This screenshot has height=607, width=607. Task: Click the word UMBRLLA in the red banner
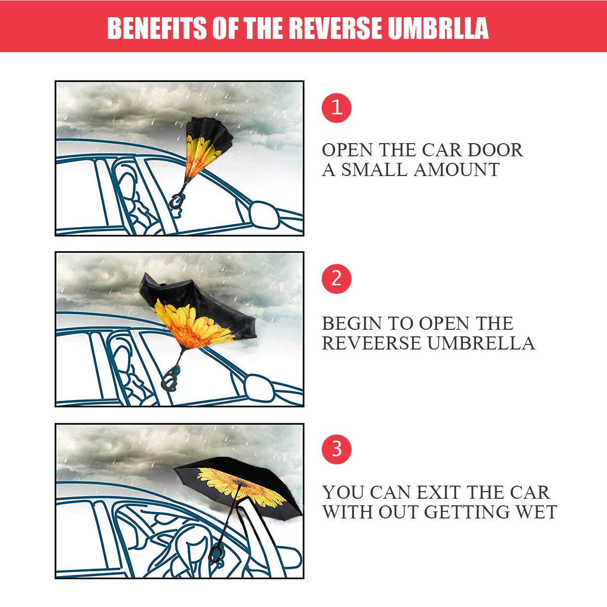click(438, 28)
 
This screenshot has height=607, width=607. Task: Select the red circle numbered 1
click(336, 108)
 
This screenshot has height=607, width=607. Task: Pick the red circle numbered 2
click(336, 279)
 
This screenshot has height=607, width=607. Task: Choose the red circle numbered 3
click(336, 449)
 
